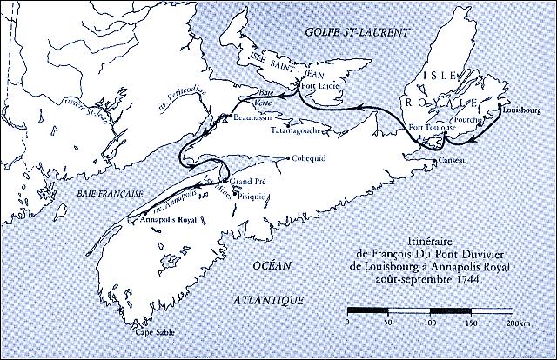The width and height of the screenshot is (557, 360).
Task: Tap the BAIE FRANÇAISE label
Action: [63, 196]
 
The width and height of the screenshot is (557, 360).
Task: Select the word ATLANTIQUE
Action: [270, 299]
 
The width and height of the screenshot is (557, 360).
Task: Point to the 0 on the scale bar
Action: [347, 322]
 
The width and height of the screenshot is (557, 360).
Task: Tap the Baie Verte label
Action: [270, 94]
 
